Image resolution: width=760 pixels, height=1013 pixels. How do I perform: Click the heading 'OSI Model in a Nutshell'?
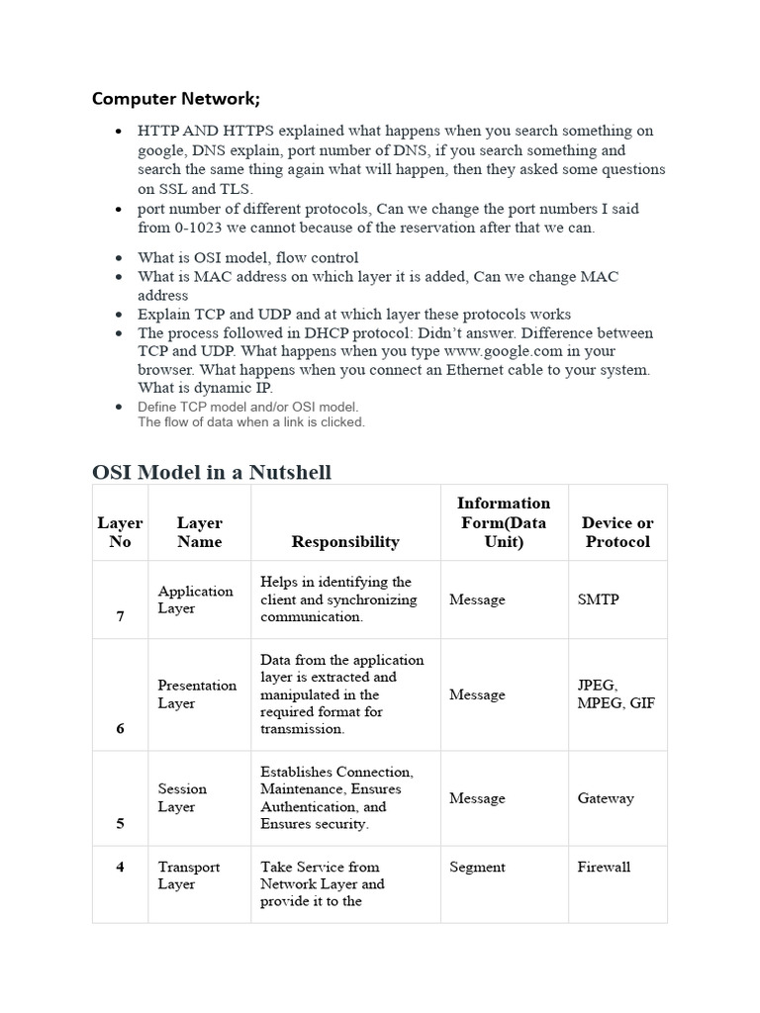[212, 472]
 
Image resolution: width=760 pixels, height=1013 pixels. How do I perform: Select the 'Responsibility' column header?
[345, 541]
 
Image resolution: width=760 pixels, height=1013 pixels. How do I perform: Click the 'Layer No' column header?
[120, 532]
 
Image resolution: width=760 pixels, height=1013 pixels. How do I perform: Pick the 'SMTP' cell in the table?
[598, 599]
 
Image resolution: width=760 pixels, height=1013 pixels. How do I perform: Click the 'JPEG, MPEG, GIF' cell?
[616, 694]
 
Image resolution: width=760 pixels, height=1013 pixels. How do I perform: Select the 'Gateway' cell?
[606, 798]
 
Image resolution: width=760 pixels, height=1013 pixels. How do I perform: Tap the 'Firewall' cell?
[604, 867]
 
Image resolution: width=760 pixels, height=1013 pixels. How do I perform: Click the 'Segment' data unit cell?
[477, 867]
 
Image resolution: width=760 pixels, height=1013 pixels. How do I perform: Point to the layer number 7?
[121, 616]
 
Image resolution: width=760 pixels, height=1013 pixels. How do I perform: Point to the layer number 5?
[121, 822]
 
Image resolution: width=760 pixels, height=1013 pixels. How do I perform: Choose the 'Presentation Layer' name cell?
[197, 694]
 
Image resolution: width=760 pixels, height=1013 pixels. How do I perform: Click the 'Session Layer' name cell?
[183, 798]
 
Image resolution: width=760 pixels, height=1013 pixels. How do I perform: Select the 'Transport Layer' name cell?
[189, 875]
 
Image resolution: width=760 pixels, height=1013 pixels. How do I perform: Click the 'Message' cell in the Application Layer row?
[477, 599]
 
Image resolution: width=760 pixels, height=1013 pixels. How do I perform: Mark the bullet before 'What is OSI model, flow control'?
[119, 258]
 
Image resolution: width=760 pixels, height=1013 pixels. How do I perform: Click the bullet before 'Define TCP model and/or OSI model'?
[119, 407]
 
